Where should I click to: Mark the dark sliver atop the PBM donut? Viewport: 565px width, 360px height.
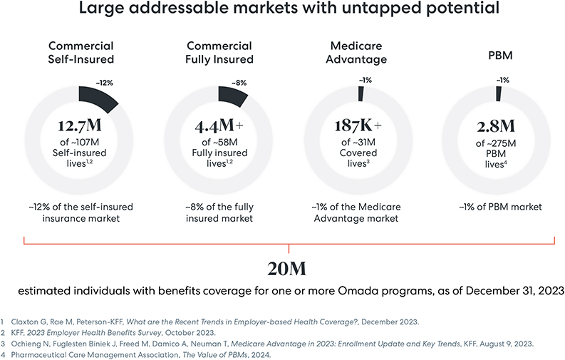[x=498, y=94]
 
